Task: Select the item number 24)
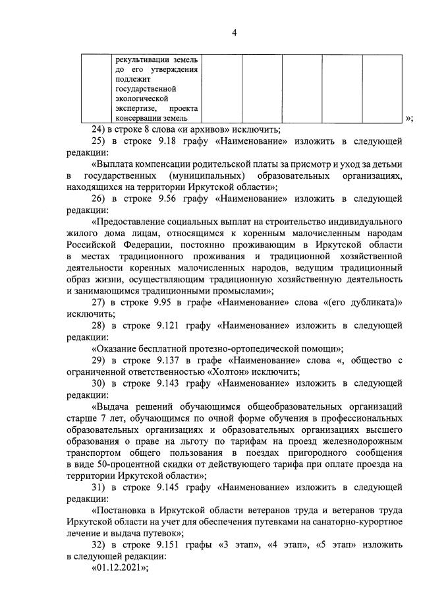point(99,129)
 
